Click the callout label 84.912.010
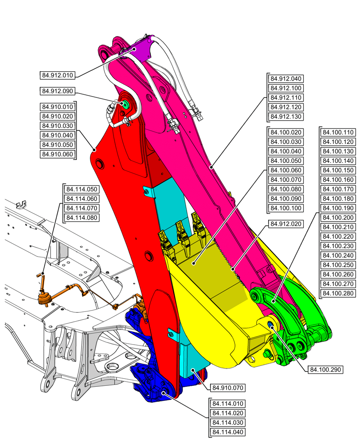click(x=57, y=75)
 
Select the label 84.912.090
click(x=57, y=91)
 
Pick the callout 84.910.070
click(x=227, y=388)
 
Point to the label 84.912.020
click(x=286, y=224)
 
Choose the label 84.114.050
click(x=81, y=189)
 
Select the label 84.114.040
click(x=227, y=432)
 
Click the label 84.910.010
click(x=57, y=107)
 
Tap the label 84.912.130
click(x=286, y=117)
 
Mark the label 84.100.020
click(x=286, y=132)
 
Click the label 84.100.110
click(x=338, y=132)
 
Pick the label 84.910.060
click(x=57, y=154)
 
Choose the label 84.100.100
click(x=286, y=208)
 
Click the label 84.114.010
click(x=227, y=404)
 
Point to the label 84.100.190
click(x=338, y=208)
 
